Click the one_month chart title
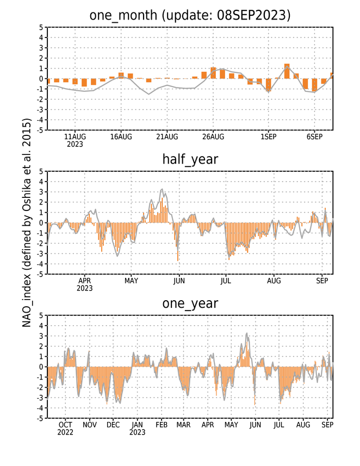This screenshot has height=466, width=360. click(x=190, y=15)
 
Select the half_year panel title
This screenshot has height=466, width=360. click(x=190, y=159)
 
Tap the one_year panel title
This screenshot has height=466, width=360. click(x=190, y=303)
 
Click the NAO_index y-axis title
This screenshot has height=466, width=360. click(x=27, y=223)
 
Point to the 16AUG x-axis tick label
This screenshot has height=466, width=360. click(x=121, y=137)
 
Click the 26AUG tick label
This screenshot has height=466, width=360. click(x=213, y=137)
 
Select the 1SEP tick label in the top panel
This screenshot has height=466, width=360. click(x=269, y=137)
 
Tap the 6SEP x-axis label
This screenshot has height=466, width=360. click(x=314, y=137)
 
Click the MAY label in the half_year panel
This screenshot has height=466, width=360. click(x=131, y=281)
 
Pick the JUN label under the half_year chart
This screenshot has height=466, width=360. click(x=179, y=281)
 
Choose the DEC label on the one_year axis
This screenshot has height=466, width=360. click(x=113, y=425)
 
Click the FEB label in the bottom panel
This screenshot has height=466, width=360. click(x=162, y=425)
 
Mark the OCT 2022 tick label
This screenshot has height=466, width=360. click(x=65, y=428)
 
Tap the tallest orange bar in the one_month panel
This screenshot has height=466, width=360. click(x=287, y=71)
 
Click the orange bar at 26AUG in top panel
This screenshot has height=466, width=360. click(x=213, y=73)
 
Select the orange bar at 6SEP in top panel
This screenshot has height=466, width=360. click(x=314, y=85)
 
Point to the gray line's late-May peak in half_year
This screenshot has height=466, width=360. click(x=162, y=189)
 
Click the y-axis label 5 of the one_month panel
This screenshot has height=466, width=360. click(x=41, y=27)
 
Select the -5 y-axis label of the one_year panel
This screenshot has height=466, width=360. click(x=40, y=419)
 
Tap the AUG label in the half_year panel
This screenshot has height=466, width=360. click(x=274, y=281)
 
